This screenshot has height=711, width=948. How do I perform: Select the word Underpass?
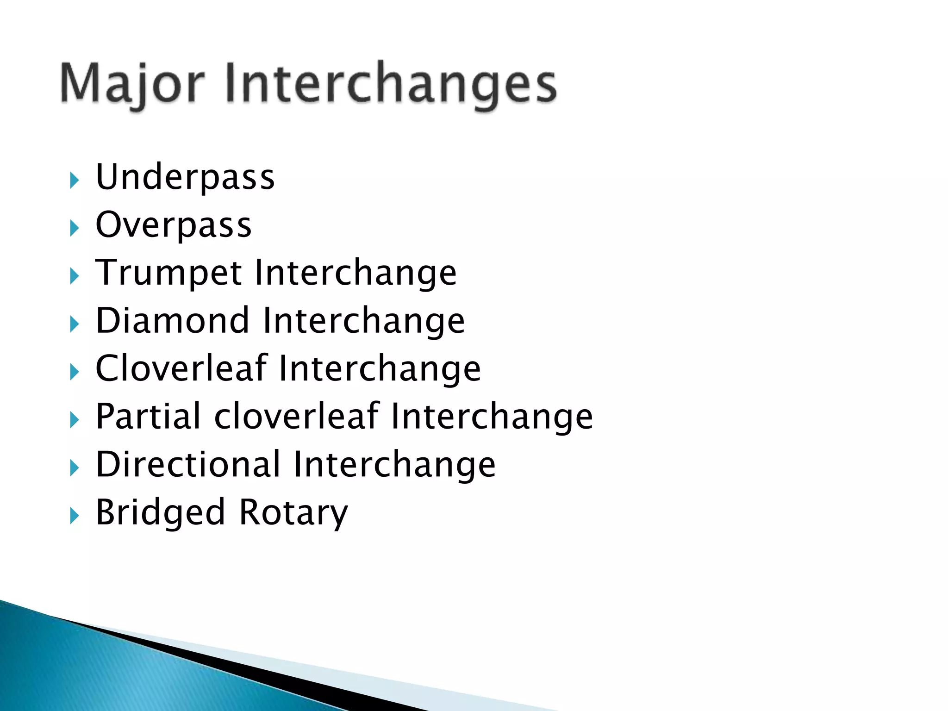[185, 178]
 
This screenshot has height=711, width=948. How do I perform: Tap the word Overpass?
[174, 226]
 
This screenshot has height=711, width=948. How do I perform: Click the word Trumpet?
[168, 274]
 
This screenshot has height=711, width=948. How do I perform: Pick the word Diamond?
[173, 321]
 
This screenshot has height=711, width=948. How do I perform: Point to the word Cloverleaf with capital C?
[181, 368]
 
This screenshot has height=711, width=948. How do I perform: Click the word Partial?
[148, 416]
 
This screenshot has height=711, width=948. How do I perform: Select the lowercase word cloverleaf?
[296, 416]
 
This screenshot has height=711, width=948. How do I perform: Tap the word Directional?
[188, 464]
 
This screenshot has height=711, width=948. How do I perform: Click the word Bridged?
[160, 512]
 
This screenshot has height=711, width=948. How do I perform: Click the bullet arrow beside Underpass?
[74, 180]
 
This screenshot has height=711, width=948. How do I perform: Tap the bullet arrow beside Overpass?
[74, 228]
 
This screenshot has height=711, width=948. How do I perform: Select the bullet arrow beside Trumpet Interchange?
[74, 276]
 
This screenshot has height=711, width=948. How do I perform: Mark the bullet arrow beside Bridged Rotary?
[74, 515]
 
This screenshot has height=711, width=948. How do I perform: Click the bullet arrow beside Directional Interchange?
[74, 468]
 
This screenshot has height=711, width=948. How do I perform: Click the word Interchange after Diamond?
[363, 321]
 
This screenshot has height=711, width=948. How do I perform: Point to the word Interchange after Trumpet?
[355, 274]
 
